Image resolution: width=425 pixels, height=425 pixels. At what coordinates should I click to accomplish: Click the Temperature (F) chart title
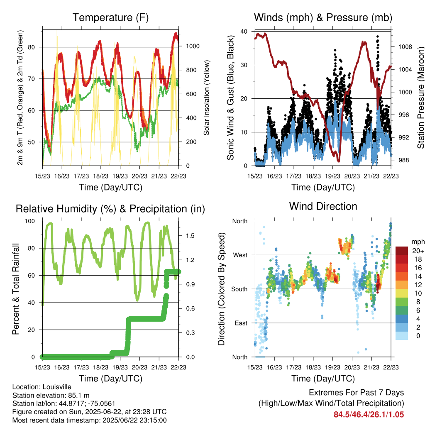110,17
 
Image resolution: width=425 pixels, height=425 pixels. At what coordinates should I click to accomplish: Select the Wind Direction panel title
323,206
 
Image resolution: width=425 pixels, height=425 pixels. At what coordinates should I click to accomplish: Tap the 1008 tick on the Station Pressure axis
405,47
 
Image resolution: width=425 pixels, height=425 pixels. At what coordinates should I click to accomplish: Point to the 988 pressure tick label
403,160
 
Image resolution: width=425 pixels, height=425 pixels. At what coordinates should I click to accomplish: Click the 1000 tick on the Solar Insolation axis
193,46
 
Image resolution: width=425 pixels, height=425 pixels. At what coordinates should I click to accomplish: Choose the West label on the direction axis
240,255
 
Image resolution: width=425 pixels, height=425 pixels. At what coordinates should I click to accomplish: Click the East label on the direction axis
241,323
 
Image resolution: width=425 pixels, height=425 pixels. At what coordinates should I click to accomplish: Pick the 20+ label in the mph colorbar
418,251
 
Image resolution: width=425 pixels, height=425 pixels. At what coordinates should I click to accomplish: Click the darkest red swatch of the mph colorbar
402,251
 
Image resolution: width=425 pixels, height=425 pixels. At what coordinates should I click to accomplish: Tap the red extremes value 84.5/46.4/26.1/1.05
369,415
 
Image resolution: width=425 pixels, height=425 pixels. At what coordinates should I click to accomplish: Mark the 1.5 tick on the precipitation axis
190,236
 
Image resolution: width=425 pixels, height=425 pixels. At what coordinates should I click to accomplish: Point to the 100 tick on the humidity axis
30,221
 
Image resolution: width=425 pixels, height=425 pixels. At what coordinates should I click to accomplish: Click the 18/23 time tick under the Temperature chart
100,176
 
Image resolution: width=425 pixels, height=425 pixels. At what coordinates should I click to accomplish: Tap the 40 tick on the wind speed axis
244,32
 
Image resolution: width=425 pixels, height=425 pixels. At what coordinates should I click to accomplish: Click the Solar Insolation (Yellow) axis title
207,98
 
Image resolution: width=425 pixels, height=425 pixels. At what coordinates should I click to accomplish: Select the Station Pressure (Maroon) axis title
421,98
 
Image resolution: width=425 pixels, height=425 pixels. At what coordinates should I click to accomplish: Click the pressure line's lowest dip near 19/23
339,161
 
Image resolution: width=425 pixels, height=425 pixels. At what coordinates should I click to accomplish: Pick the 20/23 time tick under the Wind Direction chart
352,367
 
